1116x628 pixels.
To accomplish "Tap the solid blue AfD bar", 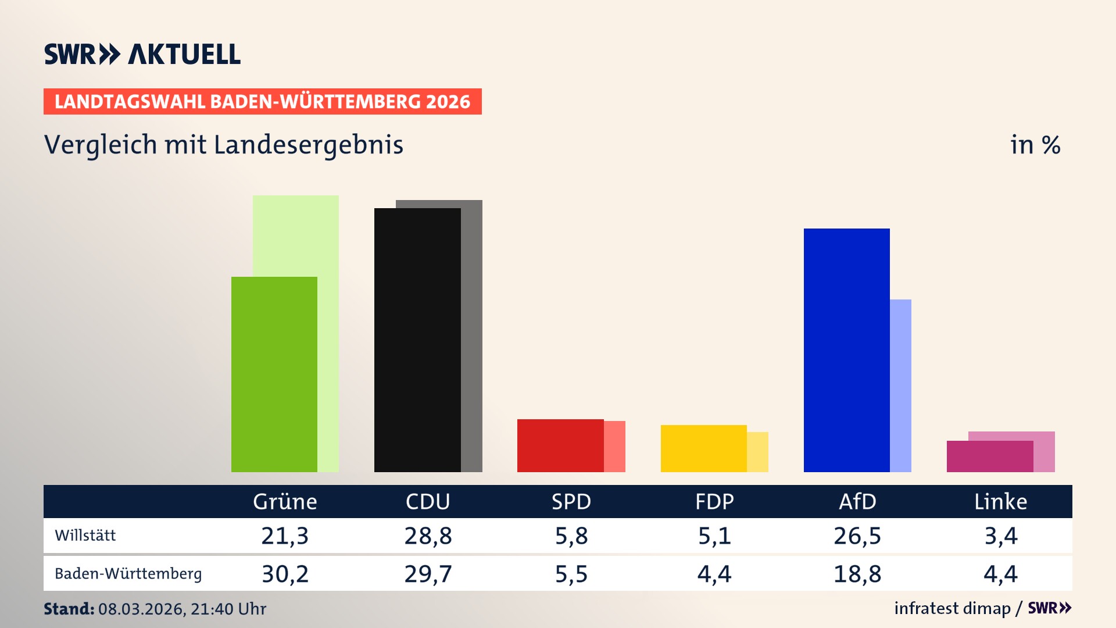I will tap(846, 349).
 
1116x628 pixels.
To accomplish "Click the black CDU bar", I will tap(417, 340).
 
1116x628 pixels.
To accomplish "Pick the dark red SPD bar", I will tap(560, 445).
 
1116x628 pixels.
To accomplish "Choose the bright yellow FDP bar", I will tap(703, 448).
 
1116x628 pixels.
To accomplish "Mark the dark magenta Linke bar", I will tap(989, 456).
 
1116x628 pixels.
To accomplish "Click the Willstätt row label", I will tap(85, 536).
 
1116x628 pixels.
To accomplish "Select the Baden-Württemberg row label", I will tap(128, 574).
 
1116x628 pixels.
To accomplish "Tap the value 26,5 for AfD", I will tap(857, 536).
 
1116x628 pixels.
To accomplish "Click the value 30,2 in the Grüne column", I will tap(285, 574).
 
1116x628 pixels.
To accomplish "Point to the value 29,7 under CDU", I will tap(428, 574).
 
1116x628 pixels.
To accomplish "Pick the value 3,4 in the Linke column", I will tap(1000, 536).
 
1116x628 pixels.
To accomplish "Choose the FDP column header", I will tap(714, 501).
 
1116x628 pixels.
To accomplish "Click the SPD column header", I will tap(571, 501).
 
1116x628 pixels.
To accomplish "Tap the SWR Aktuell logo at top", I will tap(142, 54).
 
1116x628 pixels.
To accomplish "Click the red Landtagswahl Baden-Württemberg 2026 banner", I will tap(262, 102).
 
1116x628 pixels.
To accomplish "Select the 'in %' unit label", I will tap(1035, 145).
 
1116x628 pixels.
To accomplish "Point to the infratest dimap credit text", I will tap(952, 608).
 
